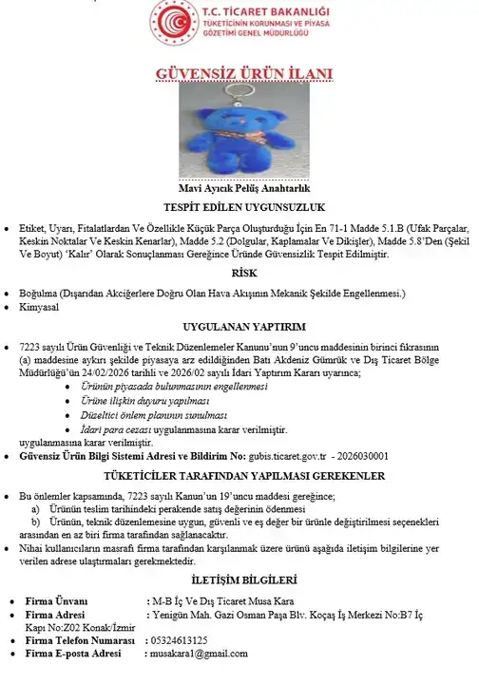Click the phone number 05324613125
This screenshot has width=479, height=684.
point(180,640)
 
